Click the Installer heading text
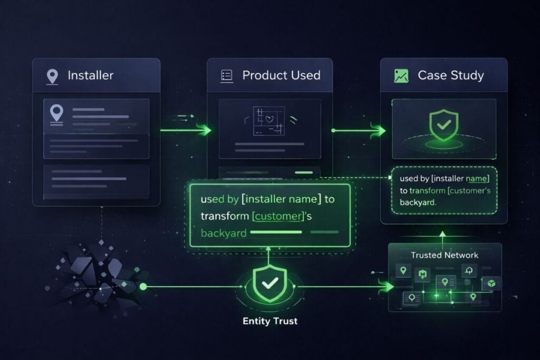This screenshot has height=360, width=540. (90, 75)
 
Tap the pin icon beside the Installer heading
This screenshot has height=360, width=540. (52, 76)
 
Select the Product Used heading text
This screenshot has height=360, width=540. (282, 75)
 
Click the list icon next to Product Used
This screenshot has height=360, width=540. (227, 76)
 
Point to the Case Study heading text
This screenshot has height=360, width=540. (451, 75)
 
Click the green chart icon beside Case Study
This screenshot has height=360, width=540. (401, 76)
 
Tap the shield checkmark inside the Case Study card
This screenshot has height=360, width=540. (444, 125)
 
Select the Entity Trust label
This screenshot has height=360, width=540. (270, 321)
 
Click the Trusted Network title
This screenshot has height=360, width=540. (445, 255)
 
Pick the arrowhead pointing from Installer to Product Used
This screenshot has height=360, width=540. (206, 130)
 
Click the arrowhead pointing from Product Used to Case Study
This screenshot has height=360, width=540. (380, 131)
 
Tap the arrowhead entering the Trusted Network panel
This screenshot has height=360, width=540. (387, 286)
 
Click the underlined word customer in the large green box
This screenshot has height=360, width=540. (278, 216)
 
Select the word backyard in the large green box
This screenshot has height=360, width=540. (224, 233)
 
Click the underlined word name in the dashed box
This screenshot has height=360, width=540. (476, 179)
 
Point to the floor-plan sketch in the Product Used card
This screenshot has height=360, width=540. (269, 121)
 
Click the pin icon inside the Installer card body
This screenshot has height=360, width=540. (56, 114)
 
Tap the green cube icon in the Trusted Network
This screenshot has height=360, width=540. (491, 283)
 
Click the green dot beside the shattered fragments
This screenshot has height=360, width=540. (143, 286)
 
